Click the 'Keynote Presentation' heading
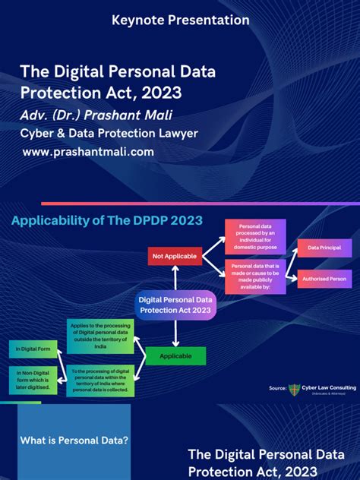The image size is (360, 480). coord(179,19)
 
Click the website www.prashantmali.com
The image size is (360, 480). coord(88,152)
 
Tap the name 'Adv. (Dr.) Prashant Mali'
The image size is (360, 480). coord(97,115)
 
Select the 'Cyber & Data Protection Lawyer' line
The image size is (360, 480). coord(109,134)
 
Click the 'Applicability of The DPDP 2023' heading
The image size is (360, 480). coord(106,220)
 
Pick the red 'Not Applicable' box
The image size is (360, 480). coord(175,257)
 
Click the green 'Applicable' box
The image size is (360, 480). coord(176,355)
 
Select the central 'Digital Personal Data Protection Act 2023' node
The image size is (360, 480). coord(176,305)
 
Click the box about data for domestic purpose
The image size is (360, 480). coord(255,236)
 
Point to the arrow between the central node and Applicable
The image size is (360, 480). coord(176,332)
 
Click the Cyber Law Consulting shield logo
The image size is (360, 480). coord(294,390)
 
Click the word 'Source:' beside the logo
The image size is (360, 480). coord(277,389)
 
